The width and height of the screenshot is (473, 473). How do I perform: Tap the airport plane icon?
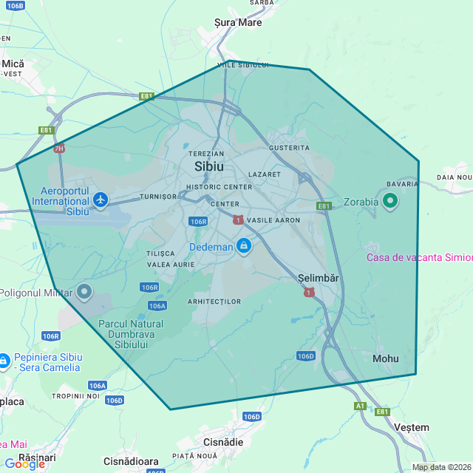click(101, 200)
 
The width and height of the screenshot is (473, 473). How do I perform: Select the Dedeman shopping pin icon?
click(243, 246)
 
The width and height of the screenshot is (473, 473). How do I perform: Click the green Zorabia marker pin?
click(390, 200)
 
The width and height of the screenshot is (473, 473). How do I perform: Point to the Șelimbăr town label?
click(319, 279)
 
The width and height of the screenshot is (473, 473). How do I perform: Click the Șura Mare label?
click(238, 22)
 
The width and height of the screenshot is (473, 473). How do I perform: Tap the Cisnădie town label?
click(223, 441)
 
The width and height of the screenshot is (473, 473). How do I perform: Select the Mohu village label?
click(385, 358)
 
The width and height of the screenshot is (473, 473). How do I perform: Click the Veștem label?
click(412, 427)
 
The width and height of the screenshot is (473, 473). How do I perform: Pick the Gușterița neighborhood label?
click(290, 148)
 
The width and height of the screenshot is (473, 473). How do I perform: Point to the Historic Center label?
click(220, 187)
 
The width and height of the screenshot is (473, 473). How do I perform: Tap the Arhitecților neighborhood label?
click(214, 302)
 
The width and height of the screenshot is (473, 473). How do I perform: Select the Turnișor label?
click(158, 197)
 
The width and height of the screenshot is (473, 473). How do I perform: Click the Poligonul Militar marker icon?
click(84, 292)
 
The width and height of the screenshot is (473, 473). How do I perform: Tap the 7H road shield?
click(60, 148)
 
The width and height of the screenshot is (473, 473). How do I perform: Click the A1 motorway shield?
click(360, 406)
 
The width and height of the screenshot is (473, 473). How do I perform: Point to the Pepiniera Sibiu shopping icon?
click(4, 360)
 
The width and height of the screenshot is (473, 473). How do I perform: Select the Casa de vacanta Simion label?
click(420, 257)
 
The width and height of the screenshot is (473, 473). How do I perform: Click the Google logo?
click(25, 463)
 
